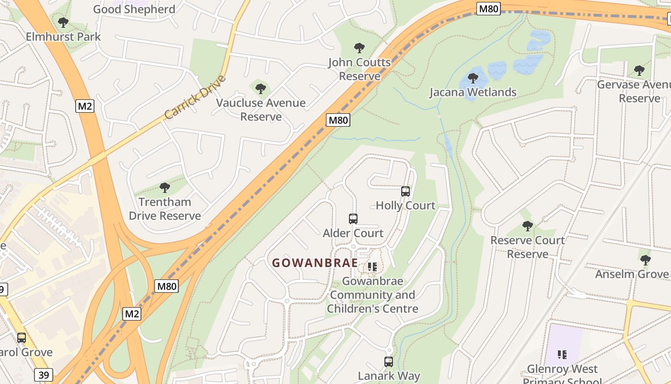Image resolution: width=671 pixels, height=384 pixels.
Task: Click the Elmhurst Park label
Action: point(63,36)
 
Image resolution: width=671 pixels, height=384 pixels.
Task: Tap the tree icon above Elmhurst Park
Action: point(63,22)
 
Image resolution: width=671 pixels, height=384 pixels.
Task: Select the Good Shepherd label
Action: point(134,9)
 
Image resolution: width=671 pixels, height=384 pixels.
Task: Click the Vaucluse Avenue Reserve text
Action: point(261,109)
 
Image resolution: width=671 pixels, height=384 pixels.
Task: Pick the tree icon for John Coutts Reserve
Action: point(359,48)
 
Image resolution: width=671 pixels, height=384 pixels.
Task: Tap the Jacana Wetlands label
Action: point(473,92)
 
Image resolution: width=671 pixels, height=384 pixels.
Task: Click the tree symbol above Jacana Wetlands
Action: point(473,78)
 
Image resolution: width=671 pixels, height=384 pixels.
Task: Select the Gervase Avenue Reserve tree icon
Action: point(639,71)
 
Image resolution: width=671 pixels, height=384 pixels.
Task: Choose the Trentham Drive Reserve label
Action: point(165,209)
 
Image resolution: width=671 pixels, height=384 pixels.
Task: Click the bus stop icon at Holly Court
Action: point(405,191)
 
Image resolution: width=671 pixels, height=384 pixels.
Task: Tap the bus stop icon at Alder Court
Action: point(353,219)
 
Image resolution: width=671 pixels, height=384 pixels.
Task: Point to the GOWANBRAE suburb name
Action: point(315,263)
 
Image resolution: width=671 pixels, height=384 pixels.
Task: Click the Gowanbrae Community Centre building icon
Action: point(372,266)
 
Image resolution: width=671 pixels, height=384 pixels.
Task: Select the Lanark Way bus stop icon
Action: point(389,361)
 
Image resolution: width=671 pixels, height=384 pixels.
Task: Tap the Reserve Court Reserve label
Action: point(527,247)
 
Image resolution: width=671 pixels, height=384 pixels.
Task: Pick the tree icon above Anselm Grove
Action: point(646,260)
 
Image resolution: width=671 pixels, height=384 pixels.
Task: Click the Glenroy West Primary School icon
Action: point(562,355)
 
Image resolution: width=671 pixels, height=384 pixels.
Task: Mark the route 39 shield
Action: point(44,375)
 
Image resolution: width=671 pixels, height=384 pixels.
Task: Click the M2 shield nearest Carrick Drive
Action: point(84,106)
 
